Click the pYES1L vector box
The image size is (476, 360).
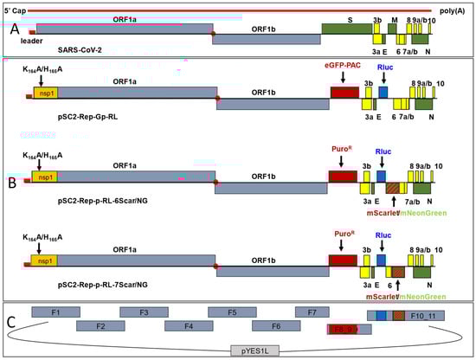(x=261, y=350)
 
